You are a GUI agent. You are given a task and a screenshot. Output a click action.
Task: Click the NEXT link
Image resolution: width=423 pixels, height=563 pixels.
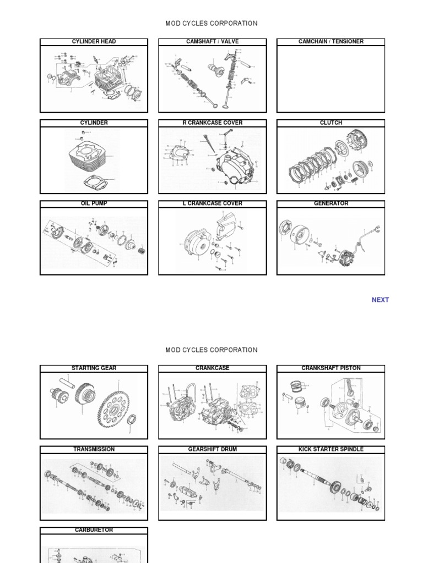380,300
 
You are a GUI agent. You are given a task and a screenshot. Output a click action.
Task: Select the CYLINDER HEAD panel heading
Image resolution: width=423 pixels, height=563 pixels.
94,42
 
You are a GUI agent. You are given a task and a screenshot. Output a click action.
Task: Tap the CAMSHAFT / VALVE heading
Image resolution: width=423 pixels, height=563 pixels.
212,42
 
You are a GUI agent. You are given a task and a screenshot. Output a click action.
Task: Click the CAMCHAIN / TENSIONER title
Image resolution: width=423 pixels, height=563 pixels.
330,42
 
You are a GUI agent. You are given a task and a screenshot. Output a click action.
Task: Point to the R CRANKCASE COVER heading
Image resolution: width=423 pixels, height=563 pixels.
212,123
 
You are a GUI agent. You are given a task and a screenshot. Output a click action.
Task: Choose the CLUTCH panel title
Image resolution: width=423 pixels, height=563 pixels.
330,123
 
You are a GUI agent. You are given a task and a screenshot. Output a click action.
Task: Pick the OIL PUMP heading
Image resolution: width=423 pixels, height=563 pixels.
94,203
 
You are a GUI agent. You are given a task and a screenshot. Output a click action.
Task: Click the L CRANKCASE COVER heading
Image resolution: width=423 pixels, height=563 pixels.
212,203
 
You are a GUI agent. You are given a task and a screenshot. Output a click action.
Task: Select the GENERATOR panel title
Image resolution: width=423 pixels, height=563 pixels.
330,203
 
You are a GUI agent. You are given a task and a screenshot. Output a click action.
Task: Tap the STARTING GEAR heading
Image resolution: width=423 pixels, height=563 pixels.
94,368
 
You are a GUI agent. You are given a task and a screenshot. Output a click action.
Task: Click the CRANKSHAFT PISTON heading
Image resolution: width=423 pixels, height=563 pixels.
330,368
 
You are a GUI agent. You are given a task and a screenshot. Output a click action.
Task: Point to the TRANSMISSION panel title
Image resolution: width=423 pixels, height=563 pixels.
94,449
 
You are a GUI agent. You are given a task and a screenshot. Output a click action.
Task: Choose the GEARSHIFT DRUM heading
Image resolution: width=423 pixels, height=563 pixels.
212,449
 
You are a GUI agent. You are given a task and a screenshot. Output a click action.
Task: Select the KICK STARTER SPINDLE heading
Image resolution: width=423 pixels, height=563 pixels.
330,449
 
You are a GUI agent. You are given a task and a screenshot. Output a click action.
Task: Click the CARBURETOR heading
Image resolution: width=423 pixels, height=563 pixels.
94,530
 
